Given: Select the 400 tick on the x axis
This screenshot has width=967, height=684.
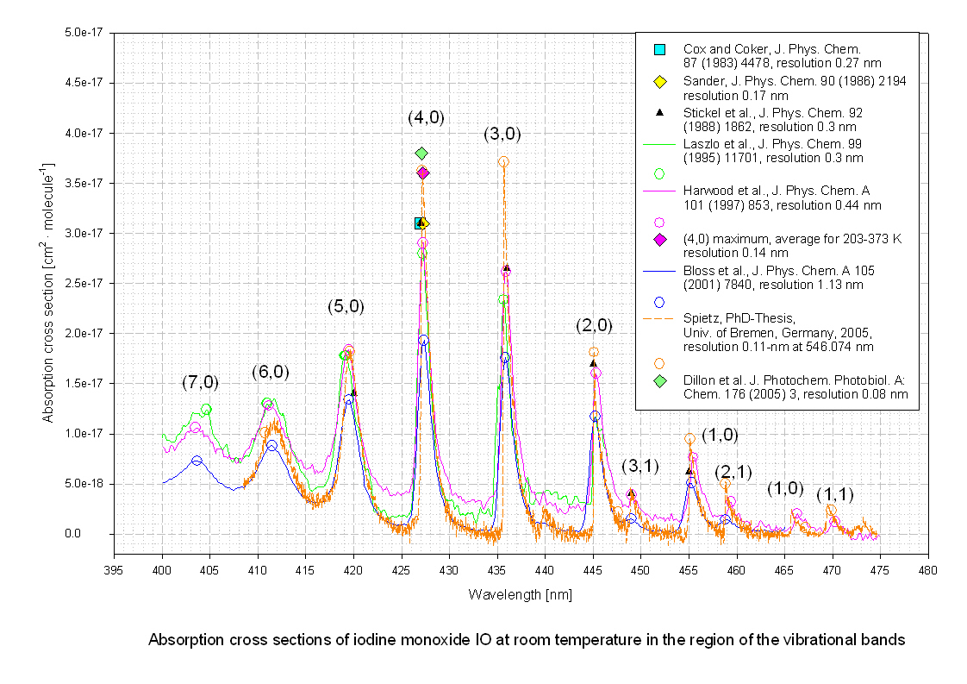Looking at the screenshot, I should [162, 570].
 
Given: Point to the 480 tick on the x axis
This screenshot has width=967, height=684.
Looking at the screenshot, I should [927, 570].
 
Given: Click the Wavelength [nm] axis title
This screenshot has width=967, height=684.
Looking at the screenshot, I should [520, 595].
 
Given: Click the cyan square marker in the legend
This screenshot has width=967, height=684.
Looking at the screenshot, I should [660, 49].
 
